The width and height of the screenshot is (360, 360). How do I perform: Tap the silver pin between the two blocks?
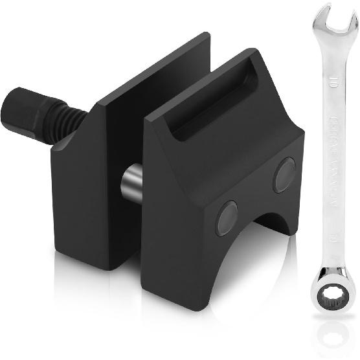coord(132,184)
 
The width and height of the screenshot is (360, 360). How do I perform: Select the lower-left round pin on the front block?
coord(227,216)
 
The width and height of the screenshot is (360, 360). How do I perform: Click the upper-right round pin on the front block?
coord(284,175)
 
